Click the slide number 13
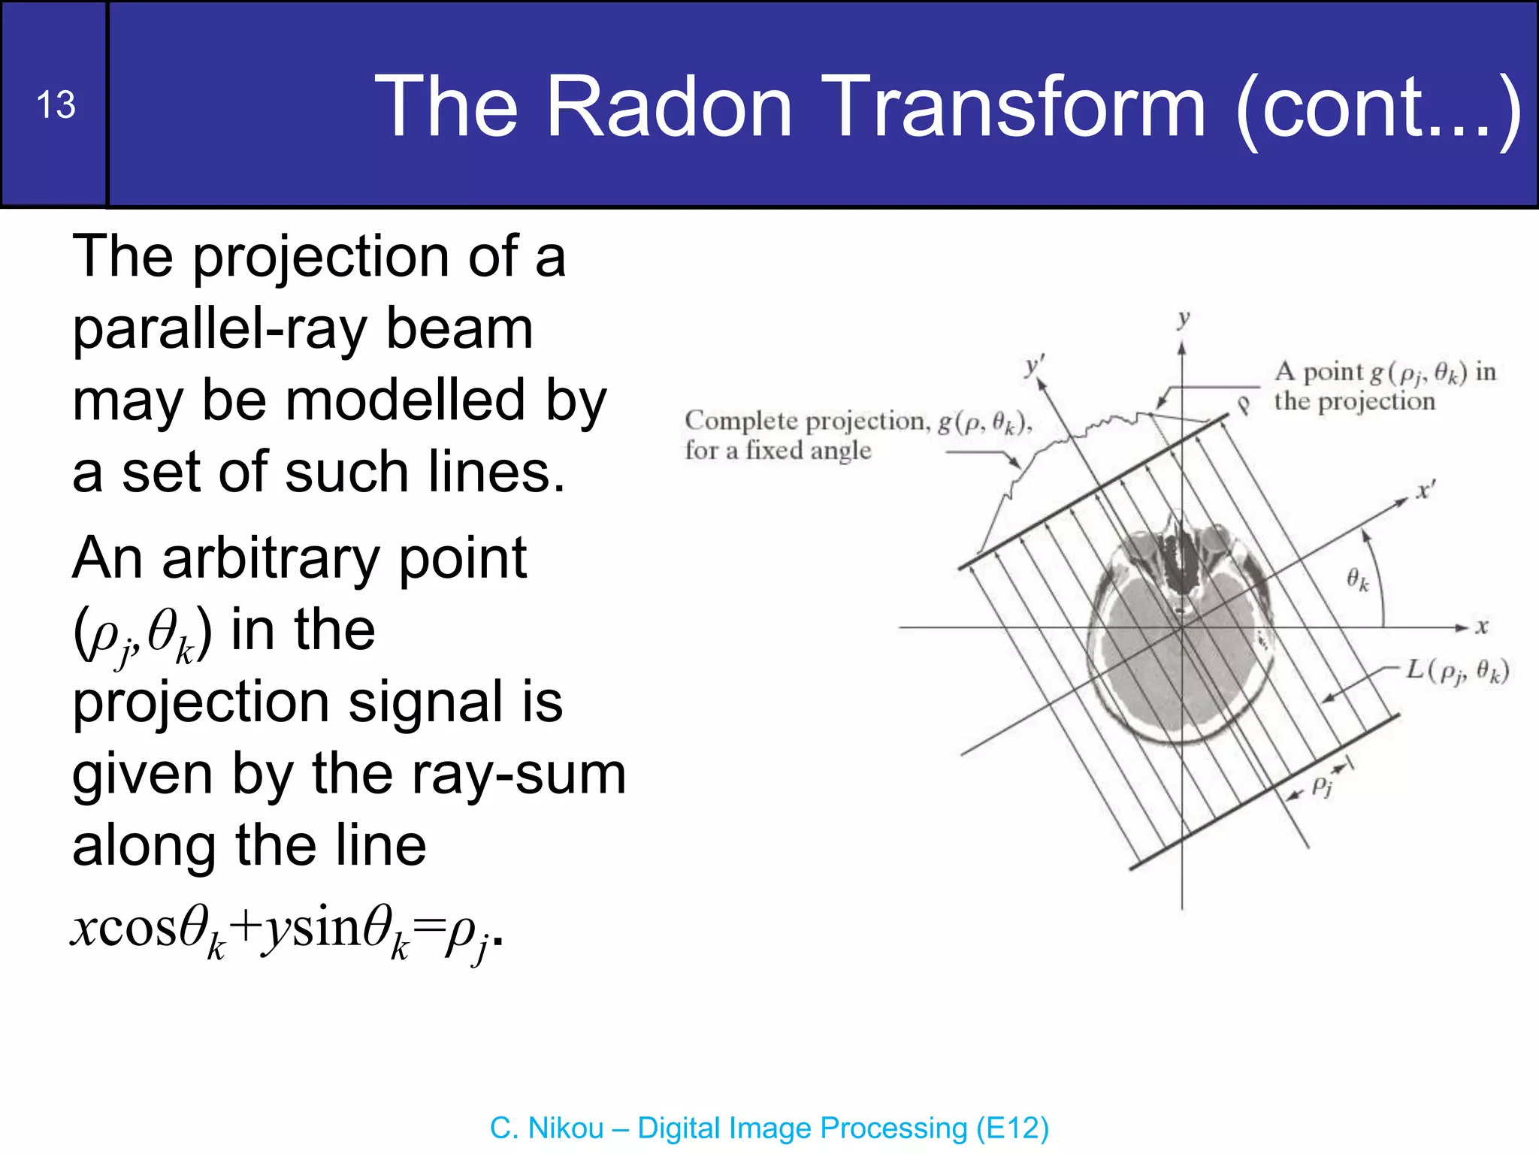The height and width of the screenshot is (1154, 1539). click(56, 104)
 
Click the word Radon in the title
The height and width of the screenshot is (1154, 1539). click(669, 106)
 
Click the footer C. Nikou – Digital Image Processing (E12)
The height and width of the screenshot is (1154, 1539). click(769, 1128)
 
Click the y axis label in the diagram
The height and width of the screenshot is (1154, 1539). click(1184, 319)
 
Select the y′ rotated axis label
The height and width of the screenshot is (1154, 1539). click(1035, 366)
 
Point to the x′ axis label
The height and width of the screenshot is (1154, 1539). click(1425, 491)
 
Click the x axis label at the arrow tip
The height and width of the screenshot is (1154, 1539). click(1481, 627)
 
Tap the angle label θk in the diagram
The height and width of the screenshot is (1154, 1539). click(1357, 579)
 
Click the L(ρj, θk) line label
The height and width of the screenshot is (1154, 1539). click(1457, 670)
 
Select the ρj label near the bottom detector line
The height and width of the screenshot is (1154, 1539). click(1322, 786)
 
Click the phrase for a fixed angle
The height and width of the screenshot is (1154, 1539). click(778, 451)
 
